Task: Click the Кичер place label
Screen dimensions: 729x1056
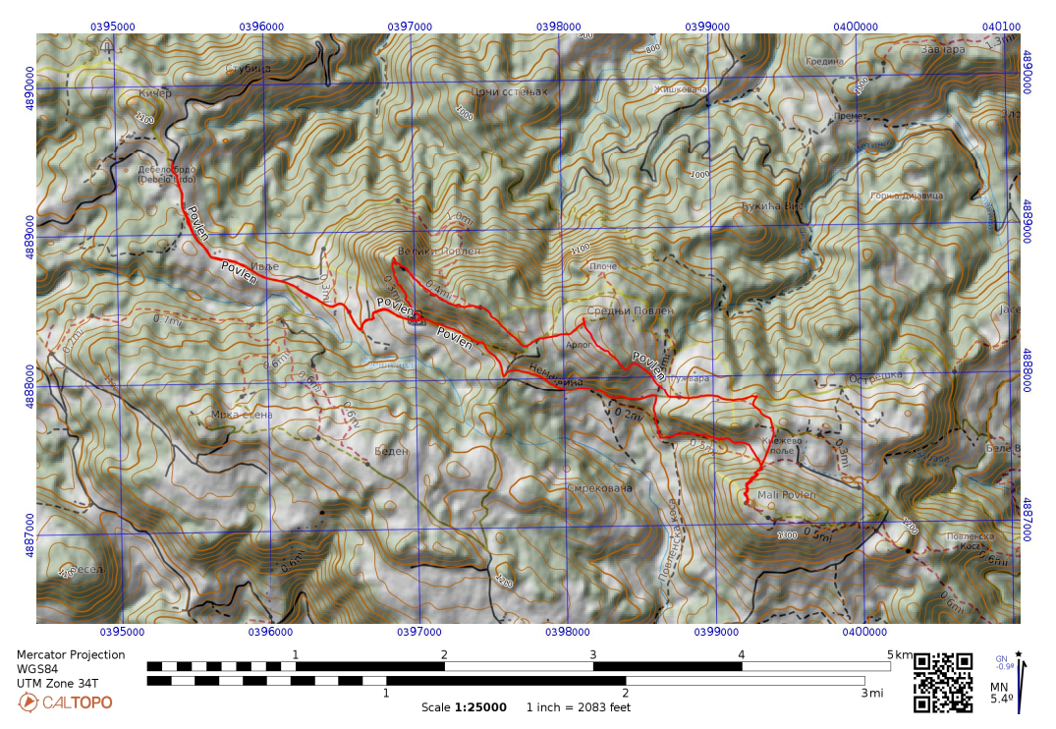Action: pos(155,93)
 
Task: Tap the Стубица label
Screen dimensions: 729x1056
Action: pos(248,69)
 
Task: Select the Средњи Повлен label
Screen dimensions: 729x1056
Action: pos(631,310)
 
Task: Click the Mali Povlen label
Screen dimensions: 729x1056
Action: pos(786,494)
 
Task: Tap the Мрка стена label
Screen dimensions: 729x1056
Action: pos(242,415)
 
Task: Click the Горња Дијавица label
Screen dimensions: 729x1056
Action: pos(906,196)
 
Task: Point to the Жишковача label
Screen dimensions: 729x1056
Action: pos(682,89)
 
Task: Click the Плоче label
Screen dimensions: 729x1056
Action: pos(603,266)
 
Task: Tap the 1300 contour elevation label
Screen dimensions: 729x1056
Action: pos(787,535)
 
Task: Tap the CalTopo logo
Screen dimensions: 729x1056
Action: pos(65,702)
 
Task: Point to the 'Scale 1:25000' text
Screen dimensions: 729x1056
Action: pos(464,707)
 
